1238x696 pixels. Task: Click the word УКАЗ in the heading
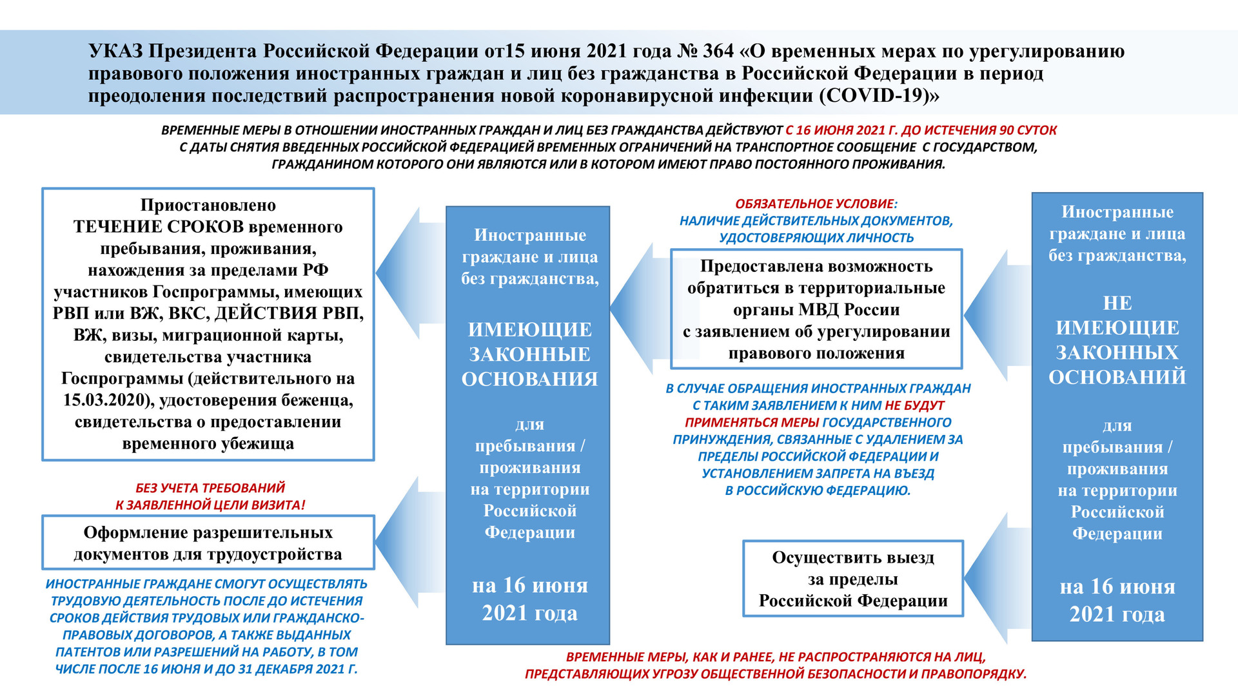(115, 51)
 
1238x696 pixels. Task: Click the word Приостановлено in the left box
(208, 205)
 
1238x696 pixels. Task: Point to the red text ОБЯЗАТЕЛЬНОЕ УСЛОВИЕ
(816, 204)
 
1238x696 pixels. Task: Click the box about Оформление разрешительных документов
(208, 543)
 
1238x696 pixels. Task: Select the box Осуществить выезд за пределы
(852, 579)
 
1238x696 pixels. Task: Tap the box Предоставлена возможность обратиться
(816, 309)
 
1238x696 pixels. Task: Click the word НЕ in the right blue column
(1117, 303)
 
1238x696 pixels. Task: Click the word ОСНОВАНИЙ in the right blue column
(1117, 377)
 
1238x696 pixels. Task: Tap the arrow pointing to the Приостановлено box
(410, 273)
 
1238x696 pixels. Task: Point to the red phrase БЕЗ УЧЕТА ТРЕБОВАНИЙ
(210, 488)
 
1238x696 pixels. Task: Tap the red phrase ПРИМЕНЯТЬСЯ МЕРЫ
(752, 423)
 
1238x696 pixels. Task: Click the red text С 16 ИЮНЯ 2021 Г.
(841, 130)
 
